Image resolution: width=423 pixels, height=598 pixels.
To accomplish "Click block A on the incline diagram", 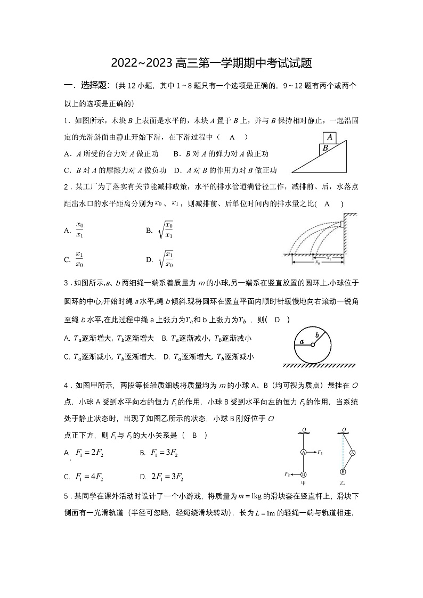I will pyautogui.click(x=330, y=137).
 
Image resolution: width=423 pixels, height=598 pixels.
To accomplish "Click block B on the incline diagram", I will pyautogui.click(x=325, y=149).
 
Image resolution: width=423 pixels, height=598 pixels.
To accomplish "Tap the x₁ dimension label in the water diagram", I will pyautogui.click(x=328, y=258).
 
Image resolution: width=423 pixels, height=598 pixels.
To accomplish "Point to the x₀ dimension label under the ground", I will pyautogui.click(x=318, y=263).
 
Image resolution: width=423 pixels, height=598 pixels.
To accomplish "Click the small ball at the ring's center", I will pyautogui.click(x=313, y=345).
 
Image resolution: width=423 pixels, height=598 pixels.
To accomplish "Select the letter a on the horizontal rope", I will pyautogui.click(x=302, y=341).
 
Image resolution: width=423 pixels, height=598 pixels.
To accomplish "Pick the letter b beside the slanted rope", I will pyautogui.click(x=318, y=334).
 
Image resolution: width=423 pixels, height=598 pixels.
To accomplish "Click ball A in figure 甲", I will pyautogui.click(x=303, y=452).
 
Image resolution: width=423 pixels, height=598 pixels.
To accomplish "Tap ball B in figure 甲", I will pyautogui.click(x=303, y=474).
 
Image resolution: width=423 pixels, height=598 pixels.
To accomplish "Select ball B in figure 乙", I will pyautogui.click(x=343, y=472).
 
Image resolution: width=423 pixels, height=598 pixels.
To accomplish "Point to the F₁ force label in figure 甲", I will pyautogui.click(x=320, y=452).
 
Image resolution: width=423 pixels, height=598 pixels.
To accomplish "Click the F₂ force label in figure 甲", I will pyautogui.click(x=287, y=473).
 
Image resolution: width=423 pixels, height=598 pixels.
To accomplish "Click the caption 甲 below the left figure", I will pyautogui.click(x=303, y=483).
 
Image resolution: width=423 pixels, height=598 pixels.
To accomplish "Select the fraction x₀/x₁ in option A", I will pyautogui.click(x=80, y=230).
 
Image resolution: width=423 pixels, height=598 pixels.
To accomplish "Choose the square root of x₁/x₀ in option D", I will pyautogui.click(x=166, y=259).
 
